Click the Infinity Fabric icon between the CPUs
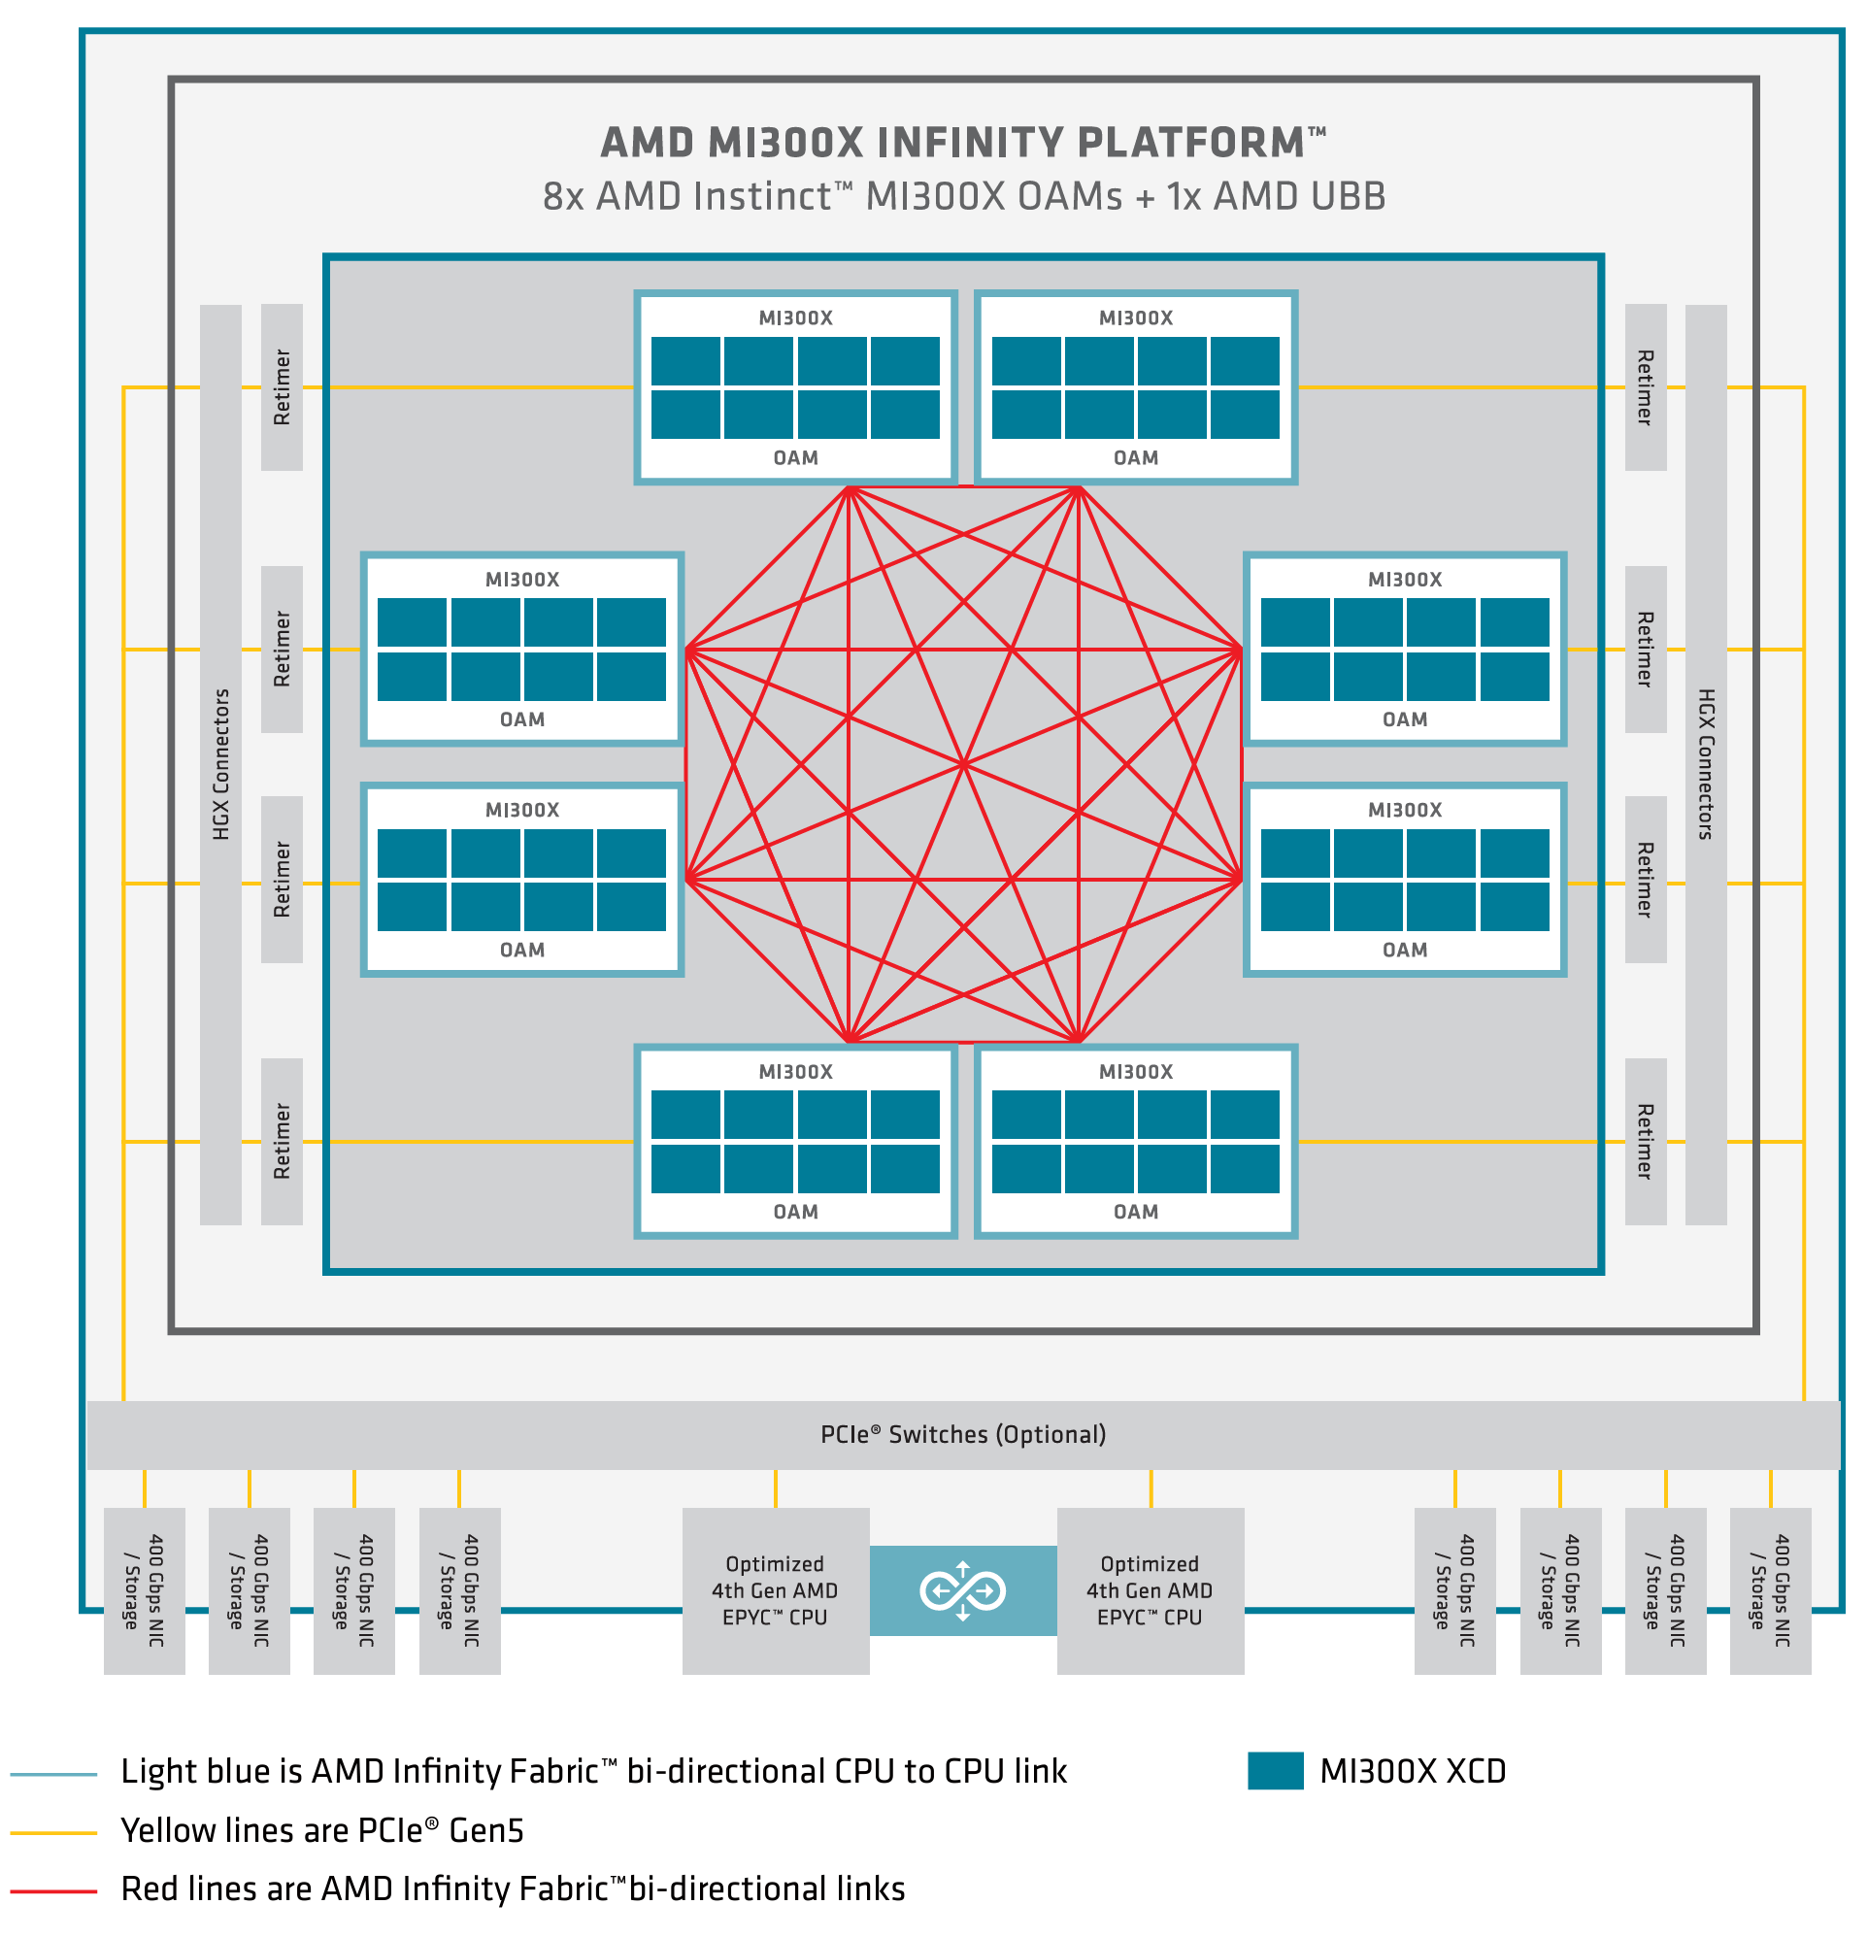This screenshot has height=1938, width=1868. (x=962, y=1591)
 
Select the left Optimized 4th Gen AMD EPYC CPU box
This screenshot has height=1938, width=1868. (x=776, y=1590)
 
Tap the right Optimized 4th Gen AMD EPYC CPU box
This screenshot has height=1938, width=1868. (x=1151, y=1590)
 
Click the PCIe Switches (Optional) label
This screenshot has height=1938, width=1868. (x=963, y=1434)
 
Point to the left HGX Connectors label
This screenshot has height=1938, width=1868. (x=220, y=764)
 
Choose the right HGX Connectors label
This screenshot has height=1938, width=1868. (x=1706, y=764)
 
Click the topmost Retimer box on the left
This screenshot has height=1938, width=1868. (x=282, y=386)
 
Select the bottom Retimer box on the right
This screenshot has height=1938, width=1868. (x=1646, y=1141)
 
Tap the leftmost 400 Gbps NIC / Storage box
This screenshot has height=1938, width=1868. (x=145, y=1590)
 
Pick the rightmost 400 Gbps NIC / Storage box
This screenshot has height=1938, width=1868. (x=1770, y=1590)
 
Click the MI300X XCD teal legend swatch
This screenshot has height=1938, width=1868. (x=1275, y=1771)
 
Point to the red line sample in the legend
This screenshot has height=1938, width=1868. (x=53, y=1890)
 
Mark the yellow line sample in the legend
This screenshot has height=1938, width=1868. (x=53, y=1832)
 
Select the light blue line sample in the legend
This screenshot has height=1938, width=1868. (x=53, y=1774)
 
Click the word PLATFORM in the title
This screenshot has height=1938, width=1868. (x=1190, y=143)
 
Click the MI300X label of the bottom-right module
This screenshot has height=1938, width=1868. (x=1136, y=1072)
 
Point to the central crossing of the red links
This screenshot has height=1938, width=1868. (x=963, y=764)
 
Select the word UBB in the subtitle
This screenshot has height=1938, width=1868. (x=1348, y=196)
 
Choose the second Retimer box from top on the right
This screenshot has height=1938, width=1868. (x=1646, y=649)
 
